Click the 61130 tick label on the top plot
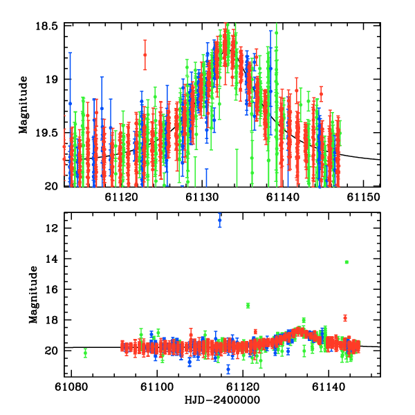coord(203,198)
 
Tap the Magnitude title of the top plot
coord(24,105)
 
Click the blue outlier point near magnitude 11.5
coord(220,220)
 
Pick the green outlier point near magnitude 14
coord(347,262)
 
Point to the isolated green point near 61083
coord(85,353)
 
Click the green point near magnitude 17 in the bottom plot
coord(248,305)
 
